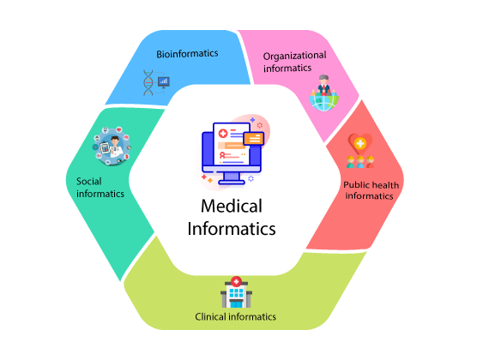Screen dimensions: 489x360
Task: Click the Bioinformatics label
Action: (x=187, y=54)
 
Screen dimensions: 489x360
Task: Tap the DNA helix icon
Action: (x=148, y=82)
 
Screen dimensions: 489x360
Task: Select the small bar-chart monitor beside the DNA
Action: (x=164, y=82)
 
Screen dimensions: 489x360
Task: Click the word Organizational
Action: (x=295, y=56)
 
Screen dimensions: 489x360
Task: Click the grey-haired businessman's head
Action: (x=323, y=79)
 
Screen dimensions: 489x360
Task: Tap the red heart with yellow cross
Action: (x=360, y=144)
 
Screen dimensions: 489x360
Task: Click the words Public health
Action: (x=371, y=185)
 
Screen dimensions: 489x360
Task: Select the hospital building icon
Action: (x=237, y=292)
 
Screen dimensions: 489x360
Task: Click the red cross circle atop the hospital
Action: (x=237, y=281)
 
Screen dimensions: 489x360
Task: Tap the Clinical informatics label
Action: (x=235, y=316)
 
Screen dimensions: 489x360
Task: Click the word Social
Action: (x=89, y=181)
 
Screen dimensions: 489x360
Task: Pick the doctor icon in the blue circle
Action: (x=112, y=146)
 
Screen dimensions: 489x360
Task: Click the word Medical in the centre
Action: (x=232, y=206)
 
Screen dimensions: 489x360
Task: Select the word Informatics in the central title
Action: (x=232, y=229)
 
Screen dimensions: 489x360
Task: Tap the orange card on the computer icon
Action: (x=254, y=138)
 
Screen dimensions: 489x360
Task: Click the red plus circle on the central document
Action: (x=223, y=134)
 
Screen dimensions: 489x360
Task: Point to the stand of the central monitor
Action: (x=232, y=178)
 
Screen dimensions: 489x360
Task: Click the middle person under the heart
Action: (x=360, y=162)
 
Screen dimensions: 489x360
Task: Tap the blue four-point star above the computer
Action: (x=252, y=120)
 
